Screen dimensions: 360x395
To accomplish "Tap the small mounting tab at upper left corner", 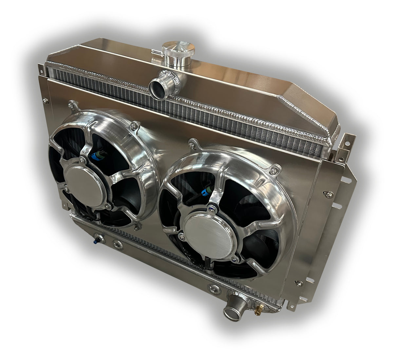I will click(x=40, y=68).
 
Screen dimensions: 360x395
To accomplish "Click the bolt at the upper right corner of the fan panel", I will click(x=327, y=195).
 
